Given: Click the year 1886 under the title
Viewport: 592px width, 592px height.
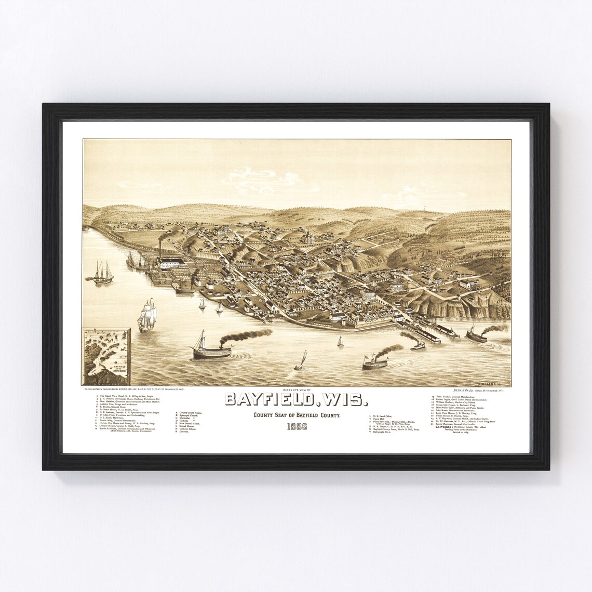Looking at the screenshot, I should (x=296, y=427).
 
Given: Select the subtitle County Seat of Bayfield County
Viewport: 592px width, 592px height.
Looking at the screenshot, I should (x=297, y=415).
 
